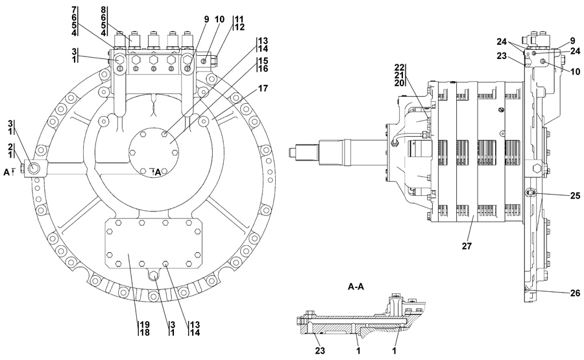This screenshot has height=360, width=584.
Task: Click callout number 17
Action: coord(263,89)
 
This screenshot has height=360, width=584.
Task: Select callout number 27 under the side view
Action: coord(467,246)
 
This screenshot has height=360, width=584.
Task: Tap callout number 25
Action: coord(575,195)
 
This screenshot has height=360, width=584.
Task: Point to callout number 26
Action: coord(575,293)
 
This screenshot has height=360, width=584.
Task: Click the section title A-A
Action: coord(356,287)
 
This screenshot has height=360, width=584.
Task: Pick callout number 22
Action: coord(399,67)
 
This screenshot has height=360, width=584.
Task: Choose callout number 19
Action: coord(145,324)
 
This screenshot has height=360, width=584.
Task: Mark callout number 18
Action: coord(145,333)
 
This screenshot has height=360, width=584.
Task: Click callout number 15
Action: coord(263,61)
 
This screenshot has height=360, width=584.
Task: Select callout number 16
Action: coord(263,69)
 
